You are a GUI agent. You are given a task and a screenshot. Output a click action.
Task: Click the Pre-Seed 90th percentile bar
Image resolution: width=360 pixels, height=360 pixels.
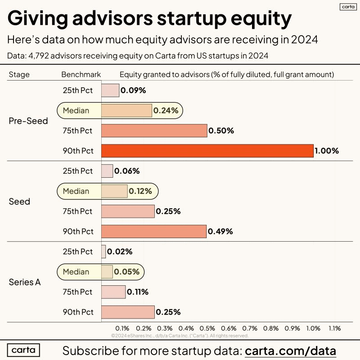(x=207, y=151)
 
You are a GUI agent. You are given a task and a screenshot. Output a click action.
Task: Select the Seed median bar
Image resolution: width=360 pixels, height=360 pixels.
(x=114, y=191)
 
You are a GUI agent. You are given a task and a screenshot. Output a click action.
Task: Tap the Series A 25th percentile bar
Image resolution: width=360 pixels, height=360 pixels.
(x=103, y=252)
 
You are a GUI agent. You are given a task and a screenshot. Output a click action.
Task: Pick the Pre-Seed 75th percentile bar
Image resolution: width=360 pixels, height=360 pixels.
(x=154, y=131)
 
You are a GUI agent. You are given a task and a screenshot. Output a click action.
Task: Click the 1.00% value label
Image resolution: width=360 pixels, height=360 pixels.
(x=327, y=151)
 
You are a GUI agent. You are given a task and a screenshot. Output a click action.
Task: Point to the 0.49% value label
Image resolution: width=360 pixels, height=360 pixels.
(x=220, y=232)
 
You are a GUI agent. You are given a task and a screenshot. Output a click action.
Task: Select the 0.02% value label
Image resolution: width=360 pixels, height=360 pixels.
(x=120, y=252)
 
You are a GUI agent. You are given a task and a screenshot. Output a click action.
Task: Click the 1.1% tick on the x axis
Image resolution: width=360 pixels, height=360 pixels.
(x=334, y=328)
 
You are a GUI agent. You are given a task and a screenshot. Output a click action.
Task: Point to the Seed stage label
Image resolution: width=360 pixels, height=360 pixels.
(x=19, y=202)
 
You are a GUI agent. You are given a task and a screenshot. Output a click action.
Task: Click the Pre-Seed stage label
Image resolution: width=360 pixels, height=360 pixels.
(x=28, y=121)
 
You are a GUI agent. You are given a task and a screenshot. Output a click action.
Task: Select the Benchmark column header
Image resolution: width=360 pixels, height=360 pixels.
(x=81, y=74)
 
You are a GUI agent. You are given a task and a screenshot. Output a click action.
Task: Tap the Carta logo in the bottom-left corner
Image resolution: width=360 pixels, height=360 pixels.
(x=23, y=350)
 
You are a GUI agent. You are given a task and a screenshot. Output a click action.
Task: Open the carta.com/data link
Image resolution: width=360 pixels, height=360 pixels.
(x=291, y=351)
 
